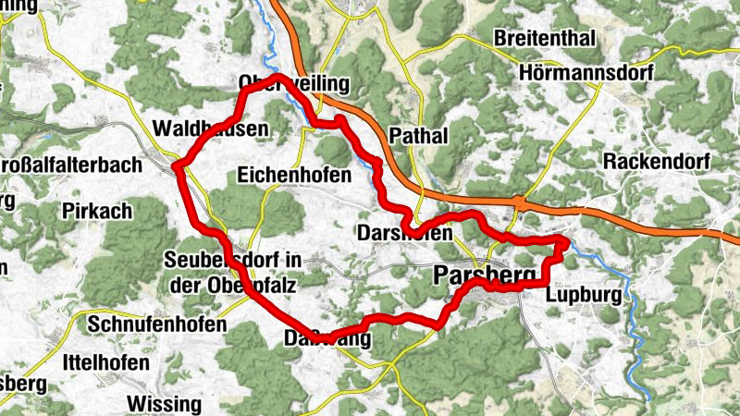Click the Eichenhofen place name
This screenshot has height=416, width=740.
pyautogui.click(x=294, y=175)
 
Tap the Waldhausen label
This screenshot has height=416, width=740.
pyautogui.click(x=213, y=128)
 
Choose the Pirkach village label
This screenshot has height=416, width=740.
pyautogui.click(x=98, y=211)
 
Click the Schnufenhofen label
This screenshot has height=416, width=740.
pyautogui.click(x=157, y=325)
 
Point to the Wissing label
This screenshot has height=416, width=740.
pyautogui.click(x=164, y=404)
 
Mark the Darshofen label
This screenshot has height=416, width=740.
pyautogui.click(x=404, y=235)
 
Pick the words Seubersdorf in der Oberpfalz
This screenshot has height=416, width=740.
pyautogui.click(x=232, y=273)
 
